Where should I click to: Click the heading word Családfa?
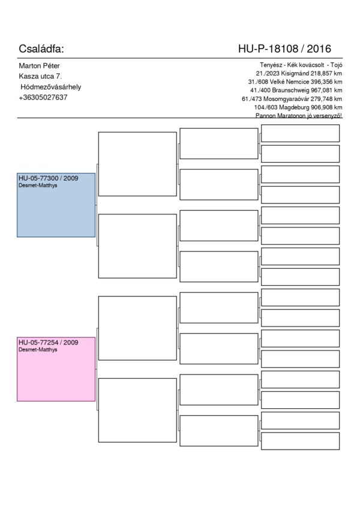point(41,49)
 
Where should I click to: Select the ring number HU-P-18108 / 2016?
point(284,49)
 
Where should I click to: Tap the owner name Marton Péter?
point(39,66)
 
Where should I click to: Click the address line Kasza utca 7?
point(40,76)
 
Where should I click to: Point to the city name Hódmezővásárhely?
point(50,87)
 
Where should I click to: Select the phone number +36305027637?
point(43,97)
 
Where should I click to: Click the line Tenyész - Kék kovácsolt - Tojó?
point(301,65)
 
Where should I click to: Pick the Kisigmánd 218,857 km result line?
point(299,73)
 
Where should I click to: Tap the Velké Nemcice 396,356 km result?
point(295,82)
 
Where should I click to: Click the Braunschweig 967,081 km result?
point(296,90)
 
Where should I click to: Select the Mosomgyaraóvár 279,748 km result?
point(292,98)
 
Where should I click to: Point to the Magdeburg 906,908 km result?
point(298,107)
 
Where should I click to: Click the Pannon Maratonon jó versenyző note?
point(299,116)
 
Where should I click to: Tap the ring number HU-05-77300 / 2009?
point(49,178)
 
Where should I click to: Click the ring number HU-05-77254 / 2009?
point(49,343)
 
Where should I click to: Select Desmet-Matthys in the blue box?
point(38,185)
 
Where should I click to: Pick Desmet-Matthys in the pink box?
point(38,349)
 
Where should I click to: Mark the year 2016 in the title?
point(319,49)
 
